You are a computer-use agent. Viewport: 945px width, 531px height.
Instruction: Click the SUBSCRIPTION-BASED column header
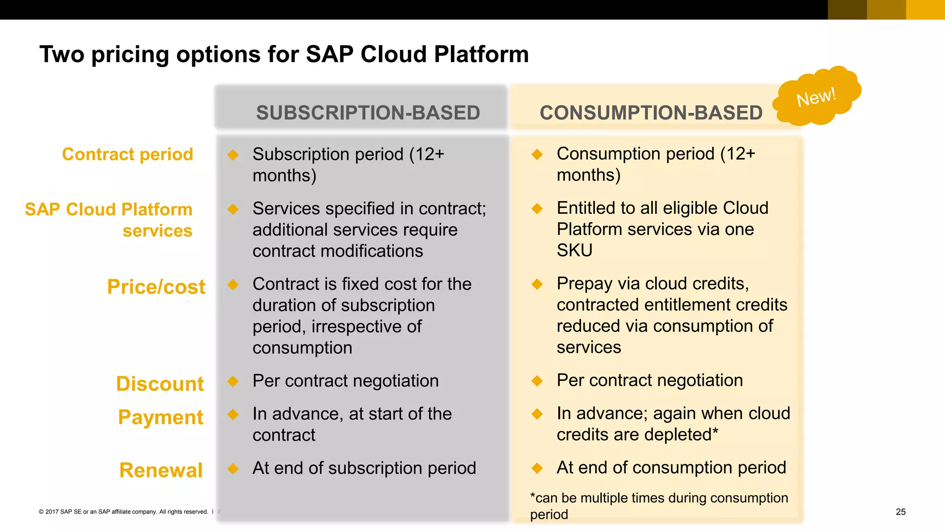pyautogui.click(x=368, y=113)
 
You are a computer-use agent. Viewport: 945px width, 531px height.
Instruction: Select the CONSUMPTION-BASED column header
pyautogui.click(x=651, y=113)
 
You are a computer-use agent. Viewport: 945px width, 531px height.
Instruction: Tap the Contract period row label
pyautogui.click(x=127, y=154)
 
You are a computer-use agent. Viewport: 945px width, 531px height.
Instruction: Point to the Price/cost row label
pyautogui.click(x=156, y=287)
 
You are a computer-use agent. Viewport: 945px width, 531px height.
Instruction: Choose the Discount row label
pyautogui.click(x=160, y=383)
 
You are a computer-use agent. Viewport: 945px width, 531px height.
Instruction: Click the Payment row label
pyautogui.click(x=160, y=417)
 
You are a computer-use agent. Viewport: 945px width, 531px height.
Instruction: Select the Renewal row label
pyautogui.click(x=161, y=470)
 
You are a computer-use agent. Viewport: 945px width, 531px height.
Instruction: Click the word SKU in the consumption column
pyautogui.click(x=574, y=250)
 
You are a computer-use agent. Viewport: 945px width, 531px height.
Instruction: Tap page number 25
pyautogui.click(x=900, y=512)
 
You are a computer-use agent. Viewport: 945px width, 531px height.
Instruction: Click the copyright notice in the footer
pyautogui.click(x=124, y=512)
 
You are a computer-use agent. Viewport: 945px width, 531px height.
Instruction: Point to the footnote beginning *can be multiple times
pyautogui.click(x=658, y=506)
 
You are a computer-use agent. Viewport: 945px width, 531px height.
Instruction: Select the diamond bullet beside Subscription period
pyautogui.click(x=233, y=155)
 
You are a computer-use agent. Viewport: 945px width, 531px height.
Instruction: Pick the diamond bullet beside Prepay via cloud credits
pyautogui.click(x=537, y=284)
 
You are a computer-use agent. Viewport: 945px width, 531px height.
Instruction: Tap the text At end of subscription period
pyautogui.click(x=364, y=468)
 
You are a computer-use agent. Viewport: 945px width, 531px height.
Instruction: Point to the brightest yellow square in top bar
pyautogui.click(x=925, y=10)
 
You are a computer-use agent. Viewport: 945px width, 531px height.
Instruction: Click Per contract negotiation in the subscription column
pyautogui.click(x=345, y=381)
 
